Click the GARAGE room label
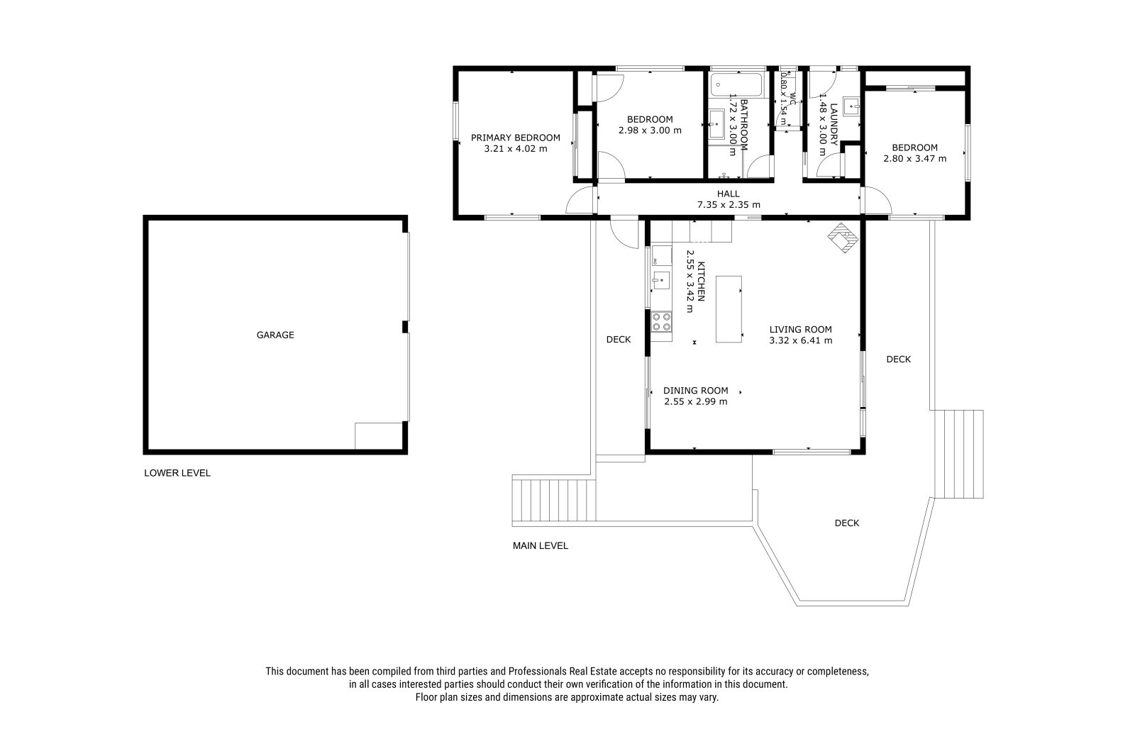[x=275, y=335]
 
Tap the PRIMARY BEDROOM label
[x=515, y=138]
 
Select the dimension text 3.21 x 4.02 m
[x=515, y=149]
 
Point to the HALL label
[x=728, y=194]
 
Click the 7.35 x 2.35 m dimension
[x=729, y=205]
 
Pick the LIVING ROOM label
[x=801, y=329]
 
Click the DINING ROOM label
[x=696, y=391]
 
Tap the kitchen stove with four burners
[x=662, y=322]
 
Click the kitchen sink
[x=660, y=280]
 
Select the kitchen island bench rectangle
[x=729, y=309]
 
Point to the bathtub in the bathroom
[x=737, y=84]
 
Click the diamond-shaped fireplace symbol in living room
[x=843, y=238]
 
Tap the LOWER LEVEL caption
[x=177, y=473]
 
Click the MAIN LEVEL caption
[x=540, y=545]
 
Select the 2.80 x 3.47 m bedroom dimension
[x=914, y=159]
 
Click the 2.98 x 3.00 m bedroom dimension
[x=650, y=130]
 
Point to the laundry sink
[x=852, y=106]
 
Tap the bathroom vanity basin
[x=716, y=124]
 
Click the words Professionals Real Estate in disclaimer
[x=563, y=672]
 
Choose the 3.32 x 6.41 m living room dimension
[x=801, y=340]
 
